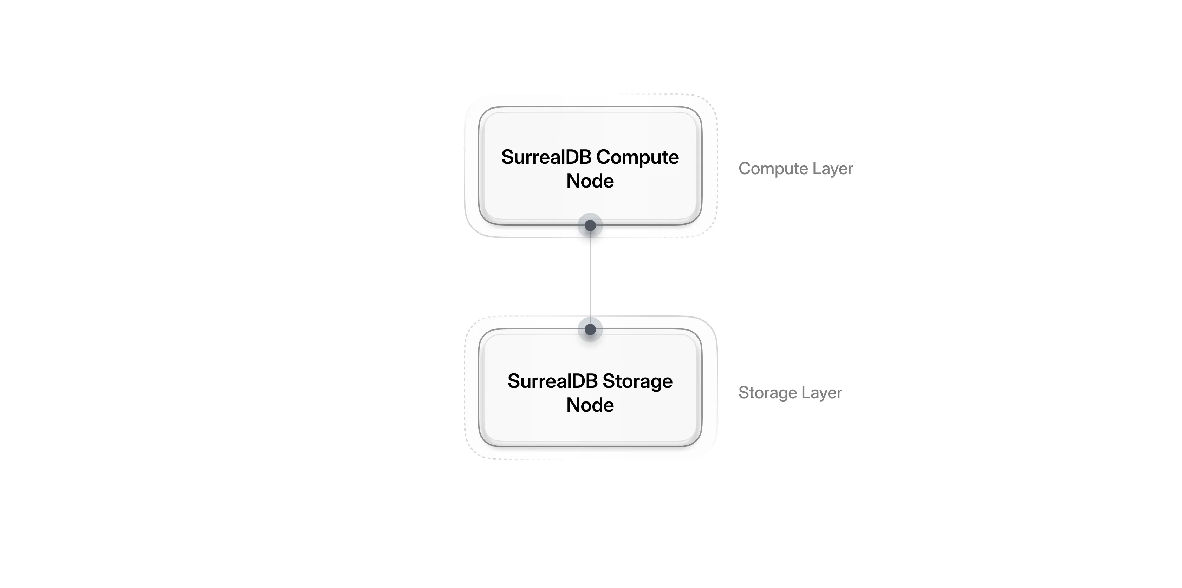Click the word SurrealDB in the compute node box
click(x=546, y=157)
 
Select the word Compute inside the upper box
click(x=637, y=157)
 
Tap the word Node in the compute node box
click(x=590, y=181)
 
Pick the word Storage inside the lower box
click(x=637, y=381)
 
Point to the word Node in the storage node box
click(x=590, y=405)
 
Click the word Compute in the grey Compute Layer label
click(x=773, y=169)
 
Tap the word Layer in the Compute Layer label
click(x=832, y=169)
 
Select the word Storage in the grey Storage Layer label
click(x=768, y=393)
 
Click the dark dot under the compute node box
click(x=590, y=226)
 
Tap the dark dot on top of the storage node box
click(x=590, y=329)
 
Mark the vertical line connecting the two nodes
click(x=590, y=277)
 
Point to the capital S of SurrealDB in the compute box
click(x=507, y=157)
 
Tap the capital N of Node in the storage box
click(x=573, y=405)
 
